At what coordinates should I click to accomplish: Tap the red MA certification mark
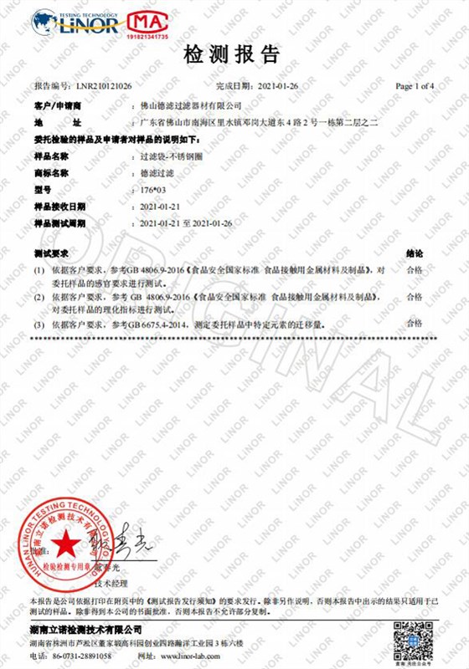147,23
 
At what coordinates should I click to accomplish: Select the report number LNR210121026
103,86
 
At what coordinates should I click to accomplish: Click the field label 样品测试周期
59,222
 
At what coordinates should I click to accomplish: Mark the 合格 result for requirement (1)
414,271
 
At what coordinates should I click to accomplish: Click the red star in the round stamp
64,544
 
